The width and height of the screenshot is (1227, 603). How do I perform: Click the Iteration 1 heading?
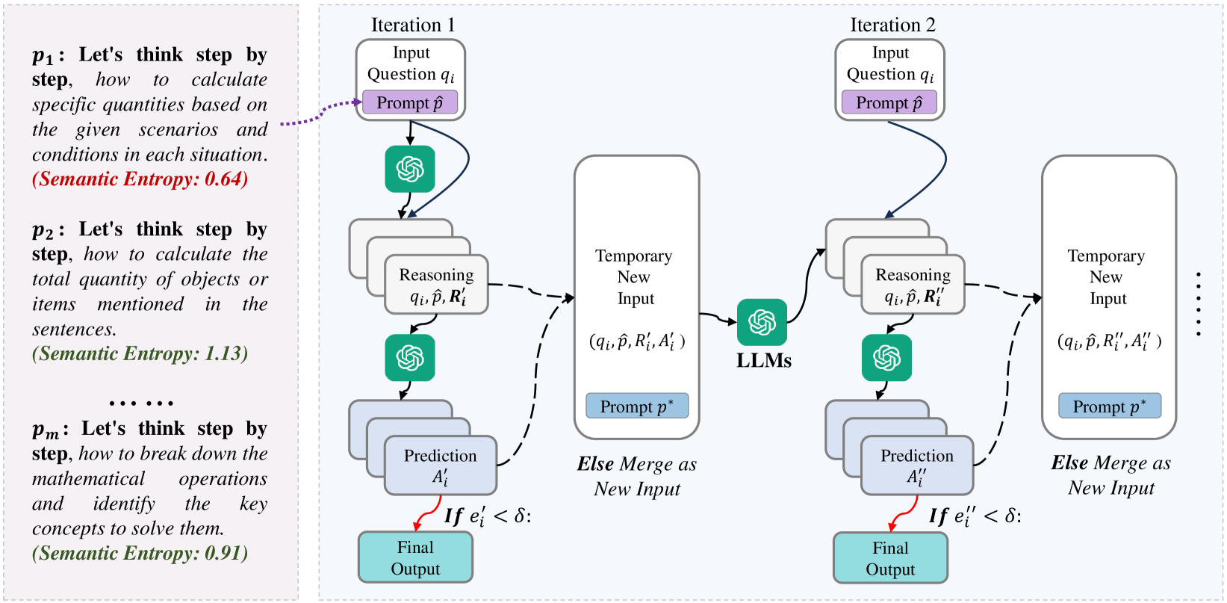[x=412, y=25]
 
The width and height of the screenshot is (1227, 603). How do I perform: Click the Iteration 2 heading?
[x=892, y=25]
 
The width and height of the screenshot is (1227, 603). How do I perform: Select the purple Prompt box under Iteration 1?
[x=409, y=102]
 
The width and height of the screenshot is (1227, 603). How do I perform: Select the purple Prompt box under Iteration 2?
[x=889, y=102]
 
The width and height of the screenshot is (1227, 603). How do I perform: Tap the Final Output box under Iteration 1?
[x=415, y=557]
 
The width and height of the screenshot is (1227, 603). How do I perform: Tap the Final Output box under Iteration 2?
[x=890, y=558]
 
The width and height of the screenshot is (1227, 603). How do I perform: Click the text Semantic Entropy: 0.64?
[x=140, y=179]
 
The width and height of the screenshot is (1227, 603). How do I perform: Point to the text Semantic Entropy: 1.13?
[x=140, y=353]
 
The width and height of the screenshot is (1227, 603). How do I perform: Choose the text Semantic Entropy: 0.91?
[x=140, y=553]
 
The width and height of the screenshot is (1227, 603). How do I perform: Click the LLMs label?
[x=763, y=361]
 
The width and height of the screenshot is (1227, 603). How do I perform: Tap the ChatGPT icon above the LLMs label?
[x=762, y=322]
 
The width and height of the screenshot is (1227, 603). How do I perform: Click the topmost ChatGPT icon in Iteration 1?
[x=410, y=169]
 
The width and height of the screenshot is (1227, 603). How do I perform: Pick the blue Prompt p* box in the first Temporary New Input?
[x=636, y=406]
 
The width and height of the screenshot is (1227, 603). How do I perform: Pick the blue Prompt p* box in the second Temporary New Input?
[x=1109, y=406]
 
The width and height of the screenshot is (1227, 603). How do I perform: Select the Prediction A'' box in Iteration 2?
[x=916, y=466]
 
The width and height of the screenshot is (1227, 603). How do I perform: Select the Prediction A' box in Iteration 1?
[x=441, y=466]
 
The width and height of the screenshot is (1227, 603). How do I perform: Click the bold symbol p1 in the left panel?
[x=43, y=56]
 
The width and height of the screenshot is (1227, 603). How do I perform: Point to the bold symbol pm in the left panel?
[x=46, y=430]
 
